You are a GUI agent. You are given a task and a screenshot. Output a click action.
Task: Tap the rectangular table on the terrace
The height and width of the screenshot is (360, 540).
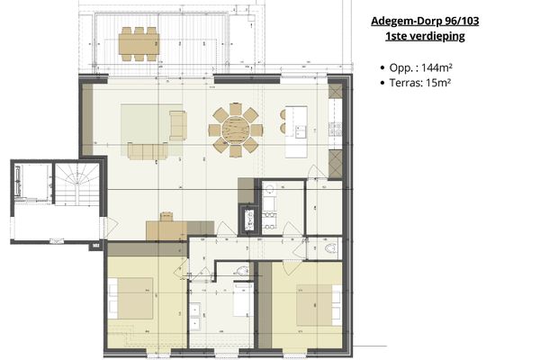click(139, 40)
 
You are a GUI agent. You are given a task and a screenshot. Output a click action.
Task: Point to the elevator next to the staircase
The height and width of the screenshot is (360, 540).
click(31, 189)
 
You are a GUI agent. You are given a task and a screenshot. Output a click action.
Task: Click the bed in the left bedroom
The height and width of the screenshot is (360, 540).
click(131, 299)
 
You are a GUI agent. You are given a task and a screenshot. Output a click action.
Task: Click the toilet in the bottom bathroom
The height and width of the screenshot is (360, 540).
click(244, 271)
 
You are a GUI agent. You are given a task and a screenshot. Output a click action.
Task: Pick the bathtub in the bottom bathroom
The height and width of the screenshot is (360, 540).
click(242, 302)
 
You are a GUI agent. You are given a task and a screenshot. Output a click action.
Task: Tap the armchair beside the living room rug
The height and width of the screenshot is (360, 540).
click(177, 124)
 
